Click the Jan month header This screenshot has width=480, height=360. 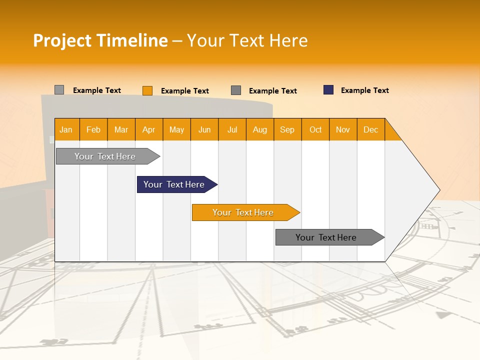[x=66, y=129]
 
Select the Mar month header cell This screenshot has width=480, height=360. [x=121, y=129]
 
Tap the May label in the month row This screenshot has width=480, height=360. [x=176, y=129]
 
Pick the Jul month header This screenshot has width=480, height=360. [x=232, y=129]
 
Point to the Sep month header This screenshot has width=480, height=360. [x=287, y=129]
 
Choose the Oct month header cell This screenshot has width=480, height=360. [x=315, y=129]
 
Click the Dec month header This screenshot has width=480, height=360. [x=370, y=129]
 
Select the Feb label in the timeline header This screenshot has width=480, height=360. [x=93, y=129]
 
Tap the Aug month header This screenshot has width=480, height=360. [x=259, y=129]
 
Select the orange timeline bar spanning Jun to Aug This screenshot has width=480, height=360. [x=243, y=212]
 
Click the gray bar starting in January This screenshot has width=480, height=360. [x=105, y=156]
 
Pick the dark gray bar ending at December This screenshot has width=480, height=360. [x=326, y=237]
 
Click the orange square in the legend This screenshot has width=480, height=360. [x=147, y=90]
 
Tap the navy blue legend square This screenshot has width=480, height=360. [x=328, y=90]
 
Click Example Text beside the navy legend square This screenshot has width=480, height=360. [x=364, y=90]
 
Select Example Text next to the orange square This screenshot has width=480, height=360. [x=184, y=91]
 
